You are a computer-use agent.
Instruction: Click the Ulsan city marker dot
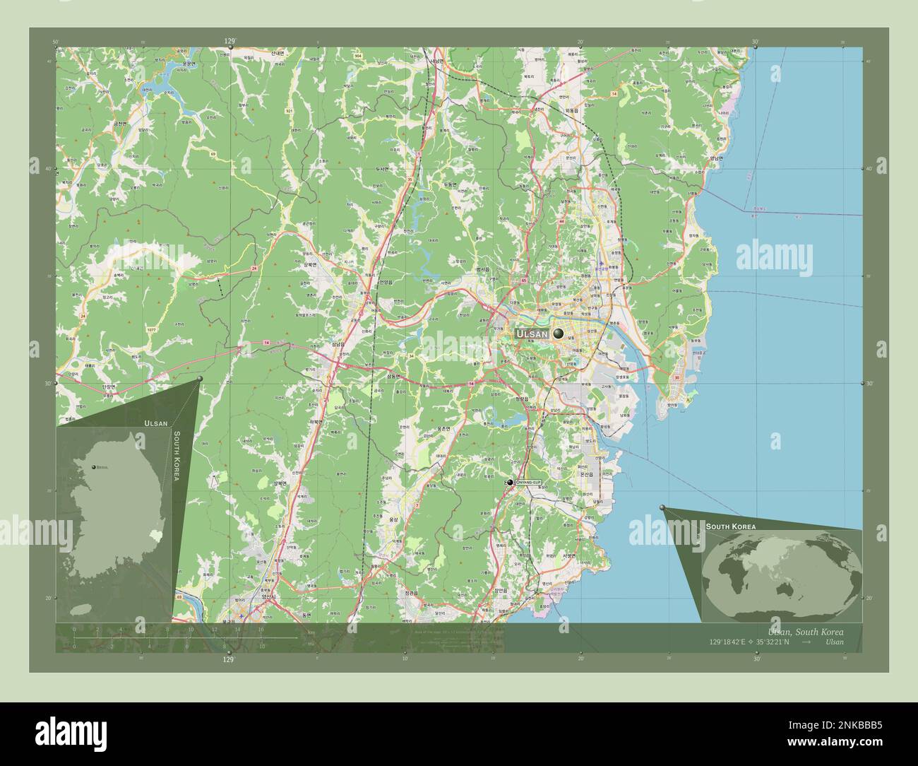(x=559, y=333)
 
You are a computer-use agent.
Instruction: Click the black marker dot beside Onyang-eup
(x=510, y=482)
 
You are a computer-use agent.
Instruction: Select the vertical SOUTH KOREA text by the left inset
(x=177, y=456)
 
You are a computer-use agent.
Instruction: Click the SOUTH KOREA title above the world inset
(x=731, y=527)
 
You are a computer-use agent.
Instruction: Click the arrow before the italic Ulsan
(x=807, y=642)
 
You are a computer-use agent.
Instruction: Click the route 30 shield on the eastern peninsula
(x=676, y=378)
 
